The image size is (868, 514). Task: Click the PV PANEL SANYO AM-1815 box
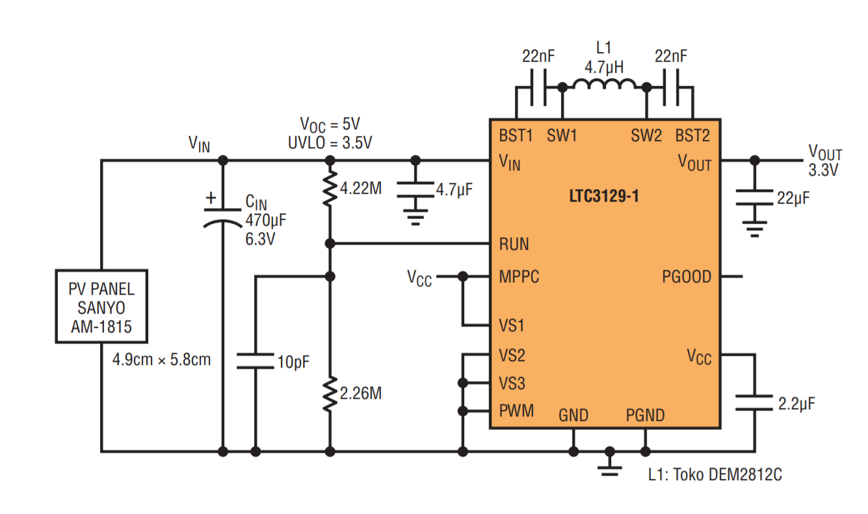click(101, 306)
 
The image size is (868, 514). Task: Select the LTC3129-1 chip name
click(604, 196)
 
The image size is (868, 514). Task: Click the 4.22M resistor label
click(361, 189)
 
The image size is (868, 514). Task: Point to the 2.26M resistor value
click(361, 394)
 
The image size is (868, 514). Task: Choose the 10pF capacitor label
click(293, 362)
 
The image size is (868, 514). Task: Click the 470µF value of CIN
click(266, 221)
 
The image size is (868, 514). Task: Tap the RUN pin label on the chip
click(514, 244)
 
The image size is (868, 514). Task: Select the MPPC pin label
click(519, 277)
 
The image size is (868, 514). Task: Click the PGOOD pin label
click(687, 277)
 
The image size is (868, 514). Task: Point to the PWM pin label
click(516, 411)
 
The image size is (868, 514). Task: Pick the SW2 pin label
click(646, 136)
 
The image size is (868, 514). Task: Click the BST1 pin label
click(516, 136)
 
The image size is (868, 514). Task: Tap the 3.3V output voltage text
click(823, 170)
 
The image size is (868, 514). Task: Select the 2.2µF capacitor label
click(796, 404)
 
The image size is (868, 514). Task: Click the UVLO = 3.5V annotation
click(330, 143)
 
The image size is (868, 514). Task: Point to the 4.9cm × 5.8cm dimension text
click(162, 360)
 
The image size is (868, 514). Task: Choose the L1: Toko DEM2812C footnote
click(715, 474)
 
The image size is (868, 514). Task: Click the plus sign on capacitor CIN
click(211, 198)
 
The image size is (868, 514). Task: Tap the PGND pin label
click(645, 416)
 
